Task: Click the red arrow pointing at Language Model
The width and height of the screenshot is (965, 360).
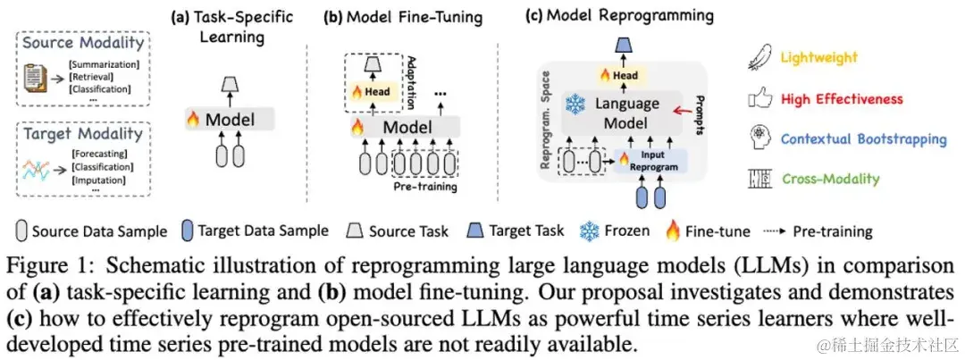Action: tap(692, 113)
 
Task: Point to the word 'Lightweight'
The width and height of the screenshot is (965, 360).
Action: tap(819, 59)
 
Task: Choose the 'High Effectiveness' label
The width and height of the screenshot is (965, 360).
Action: tap(842, 99)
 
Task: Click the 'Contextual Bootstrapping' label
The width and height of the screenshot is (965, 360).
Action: tap(863, 139)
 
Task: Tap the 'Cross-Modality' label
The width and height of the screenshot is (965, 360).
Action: tap(829, 179)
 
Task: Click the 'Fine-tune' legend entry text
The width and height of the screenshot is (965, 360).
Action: tap(717, 230)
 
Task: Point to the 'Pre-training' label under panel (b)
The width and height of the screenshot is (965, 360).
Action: tap(425, 188)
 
